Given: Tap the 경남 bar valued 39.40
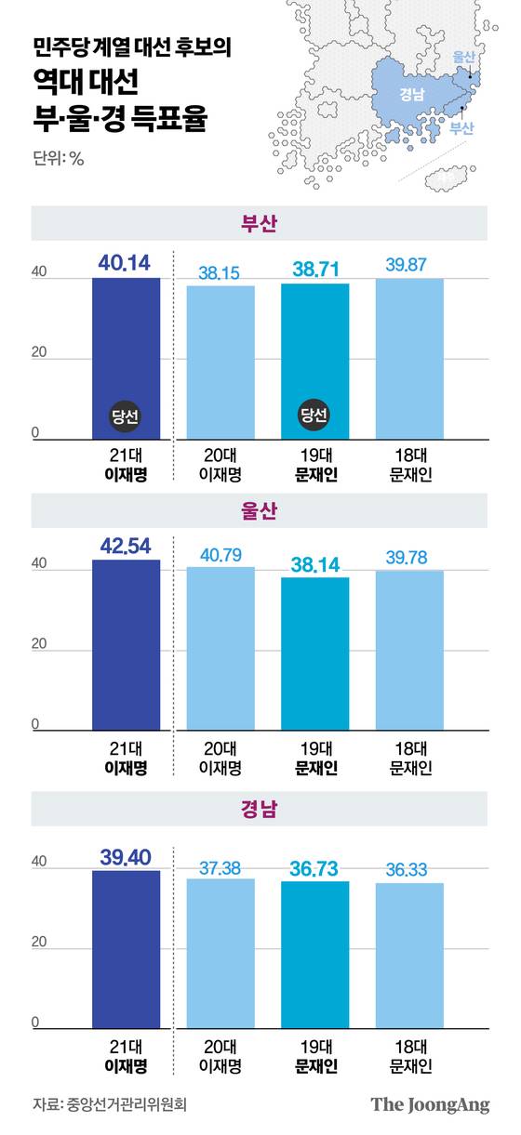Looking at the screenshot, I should pyautogui.click(x=126, y=949).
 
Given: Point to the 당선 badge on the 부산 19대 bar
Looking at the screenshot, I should pyautogui.click(x=314, y=416).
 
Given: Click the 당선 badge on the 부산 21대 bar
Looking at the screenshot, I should pyautogui.click(x=126, y=416).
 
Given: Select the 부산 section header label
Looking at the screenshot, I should pyautogui.click(x=260, y=223).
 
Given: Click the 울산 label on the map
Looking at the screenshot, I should pyautogui.click(x=463, y=58).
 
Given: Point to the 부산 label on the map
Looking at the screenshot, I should pyautogui.click(x=461, y=129).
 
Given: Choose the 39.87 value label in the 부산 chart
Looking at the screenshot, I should pyautogui.click(x=409, y=265).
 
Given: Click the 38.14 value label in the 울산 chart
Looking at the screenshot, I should pyautogui.click(x=314, y=562).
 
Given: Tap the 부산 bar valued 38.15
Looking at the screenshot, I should pyautogui.click(x=220, y=362).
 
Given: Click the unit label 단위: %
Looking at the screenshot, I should pyautogui.click(x=58, y=158).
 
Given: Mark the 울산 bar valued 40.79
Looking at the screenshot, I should pyautogui.click(x=220, y=649).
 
